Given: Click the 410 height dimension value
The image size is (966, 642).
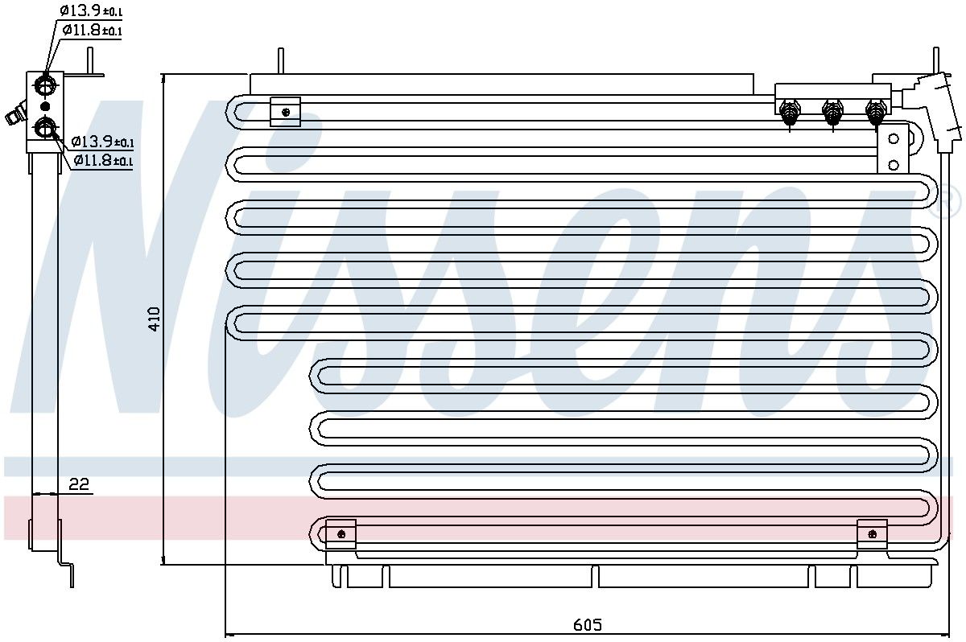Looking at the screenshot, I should point(155,319).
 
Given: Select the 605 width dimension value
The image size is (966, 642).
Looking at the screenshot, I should point(588,624).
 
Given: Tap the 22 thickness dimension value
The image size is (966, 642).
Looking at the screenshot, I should point(79,484).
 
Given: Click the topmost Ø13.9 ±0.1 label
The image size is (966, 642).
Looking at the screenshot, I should point(92,11).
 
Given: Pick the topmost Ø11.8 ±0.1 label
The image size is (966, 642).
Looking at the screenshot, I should point(93,31).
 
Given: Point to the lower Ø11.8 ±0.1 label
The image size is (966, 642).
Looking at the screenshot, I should point(103,160).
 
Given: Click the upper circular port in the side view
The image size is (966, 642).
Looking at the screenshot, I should point(45,84).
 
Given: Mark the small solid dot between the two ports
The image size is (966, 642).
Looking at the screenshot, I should point(45,105).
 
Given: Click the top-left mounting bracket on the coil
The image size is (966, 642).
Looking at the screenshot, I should point(285,112).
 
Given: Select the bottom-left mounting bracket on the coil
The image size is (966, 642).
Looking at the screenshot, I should point(341,533).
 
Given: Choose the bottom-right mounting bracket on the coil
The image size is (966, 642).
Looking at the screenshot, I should point(873,533).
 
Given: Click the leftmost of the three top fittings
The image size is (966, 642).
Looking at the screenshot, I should point(790,112).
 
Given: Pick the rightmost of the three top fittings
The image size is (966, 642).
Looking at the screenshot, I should point(875,112).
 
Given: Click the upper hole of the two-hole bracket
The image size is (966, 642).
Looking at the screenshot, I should point(892,138).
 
